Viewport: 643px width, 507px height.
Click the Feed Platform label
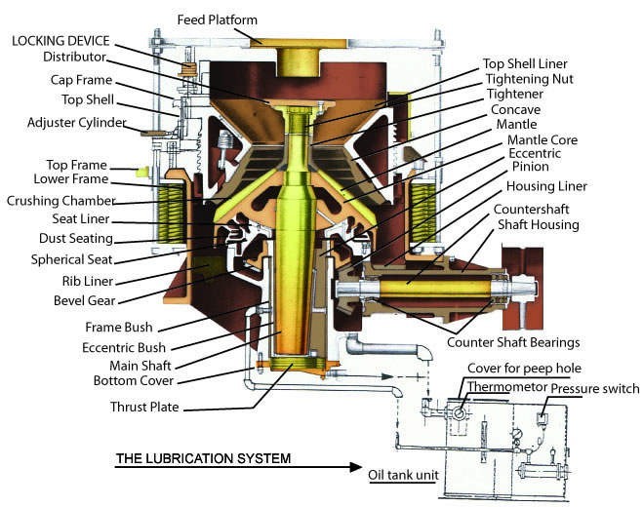(218, 19)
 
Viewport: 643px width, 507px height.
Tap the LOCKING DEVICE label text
(60, 41)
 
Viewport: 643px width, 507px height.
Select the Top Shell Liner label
(525, 63)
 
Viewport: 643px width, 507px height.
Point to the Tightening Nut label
(530, 79)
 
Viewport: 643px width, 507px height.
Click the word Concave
(515, 110)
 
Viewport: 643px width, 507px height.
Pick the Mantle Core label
(543, 139)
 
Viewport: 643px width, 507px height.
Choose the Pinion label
(530, 167)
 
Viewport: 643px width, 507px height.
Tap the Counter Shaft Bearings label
(513, 342)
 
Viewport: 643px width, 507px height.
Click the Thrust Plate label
(144, 407)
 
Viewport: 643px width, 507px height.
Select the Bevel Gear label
(85, 300)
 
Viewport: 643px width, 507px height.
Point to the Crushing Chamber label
(61, 201)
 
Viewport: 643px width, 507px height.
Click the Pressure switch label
(594, 389)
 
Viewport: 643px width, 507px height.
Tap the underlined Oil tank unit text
(403, 476)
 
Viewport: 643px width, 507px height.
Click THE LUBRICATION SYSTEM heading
(203, 458)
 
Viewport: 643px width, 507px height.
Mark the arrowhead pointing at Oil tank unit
(356, 467)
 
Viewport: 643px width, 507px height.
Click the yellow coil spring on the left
(171, 214)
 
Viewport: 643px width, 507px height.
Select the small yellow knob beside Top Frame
(141, 172)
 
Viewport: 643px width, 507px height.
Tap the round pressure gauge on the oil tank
(517, 433)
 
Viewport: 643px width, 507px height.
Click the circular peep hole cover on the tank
(459, 413)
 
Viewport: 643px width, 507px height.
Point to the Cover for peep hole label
(524, 368)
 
